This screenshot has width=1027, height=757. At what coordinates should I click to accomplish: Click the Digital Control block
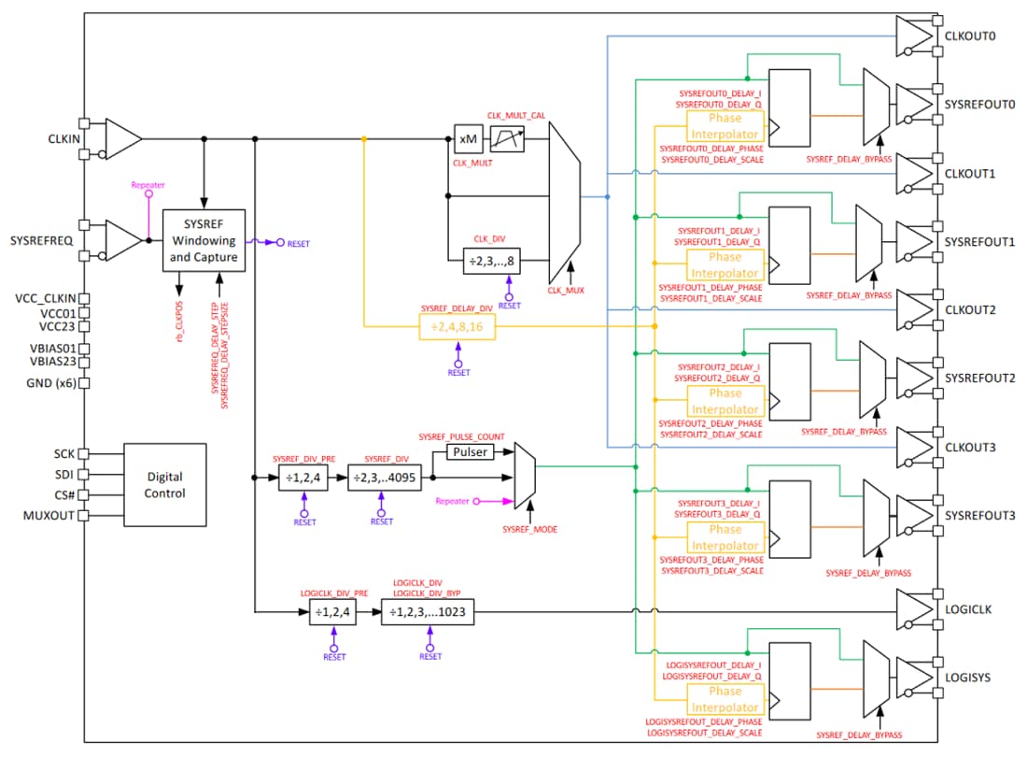point(164,485)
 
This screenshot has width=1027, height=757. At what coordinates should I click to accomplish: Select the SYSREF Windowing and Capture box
point(204,240)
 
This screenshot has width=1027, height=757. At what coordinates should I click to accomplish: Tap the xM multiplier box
point(469,139)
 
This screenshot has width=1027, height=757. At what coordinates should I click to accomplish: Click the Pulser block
point(471,451)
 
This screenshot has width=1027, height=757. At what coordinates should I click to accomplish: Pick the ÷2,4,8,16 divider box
point(457,327)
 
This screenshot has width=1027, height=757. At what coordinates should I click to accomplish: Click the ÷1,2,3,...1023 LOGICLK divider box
point(428,613)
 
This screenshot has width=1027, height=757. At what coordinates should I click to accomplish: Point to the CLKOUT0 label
point(971,36)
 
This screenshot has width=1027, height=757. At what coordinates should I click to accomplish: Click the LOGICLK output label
point(968,609)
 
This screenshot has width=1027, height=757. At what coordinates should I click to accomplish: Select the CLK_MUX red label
point(567,291)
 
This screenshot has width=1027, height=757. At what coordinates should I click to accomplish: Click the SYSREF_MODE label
point(529,530)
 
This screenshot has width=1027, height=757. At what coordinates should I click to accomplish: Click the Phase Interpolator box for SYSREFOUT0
point(725,126)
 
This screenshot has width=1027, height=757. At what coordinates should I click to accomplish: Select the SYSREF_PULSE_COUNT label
point(461,436)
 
